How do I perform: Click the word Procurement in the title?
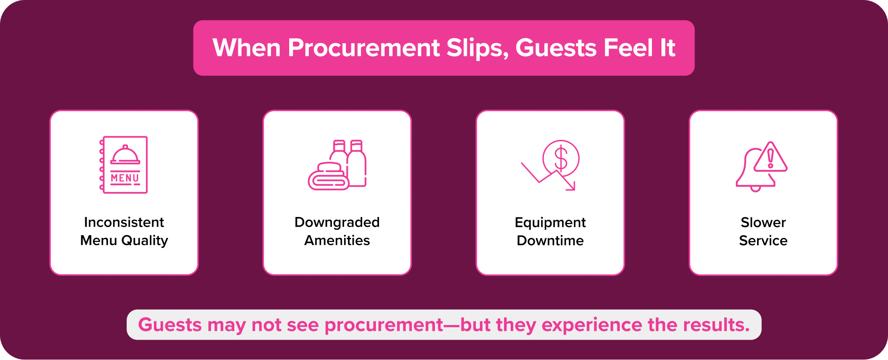364,48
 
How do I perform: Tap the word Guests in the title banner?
556,48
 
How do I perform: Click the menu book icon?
124,165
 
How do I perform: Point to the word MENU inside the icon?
125,178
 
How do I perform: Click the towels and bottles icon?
337,165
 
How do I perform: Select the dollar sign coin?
561,158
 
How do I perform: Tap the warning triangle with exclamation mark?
770,158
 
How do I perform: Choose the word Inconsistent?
124,222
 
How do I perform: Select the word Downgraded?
337,222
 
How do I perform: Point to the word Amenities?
337,240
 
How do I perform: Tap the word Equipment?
550,222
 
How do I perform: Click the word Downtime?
550,240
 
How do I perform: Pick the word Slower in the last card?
763,222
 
